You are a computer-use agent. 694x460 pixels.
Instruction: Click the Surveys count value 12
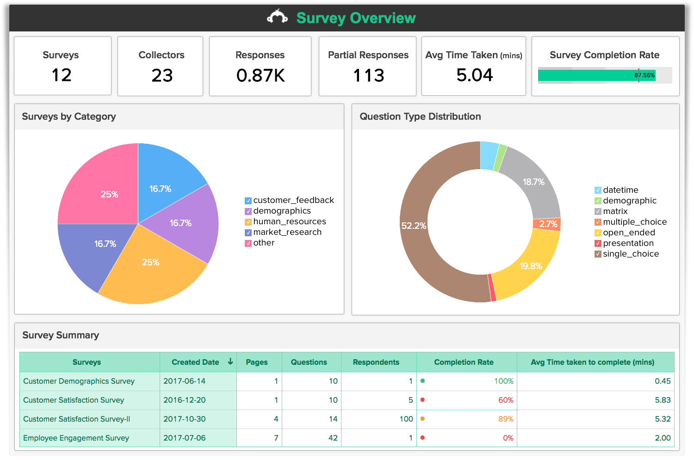(62, 75)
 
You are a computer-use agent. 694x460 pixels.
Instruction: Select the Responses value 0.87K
(260, 75)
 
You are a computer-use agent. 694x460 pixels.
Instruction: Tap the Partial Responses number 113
(368, 75)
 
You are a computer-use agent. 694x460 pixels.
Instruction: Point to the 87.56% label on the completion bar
(644, 75)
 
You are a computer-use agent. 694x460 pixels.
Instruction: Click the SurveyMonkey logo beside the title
(277, 17)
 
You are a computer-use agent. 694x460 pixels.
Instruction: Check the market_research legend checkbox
(248, 233)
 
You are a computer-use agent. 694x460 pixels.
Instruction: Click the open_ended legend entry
(629, 233)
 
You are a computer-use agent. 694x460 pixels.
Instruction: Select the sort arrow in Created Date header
(230, 362)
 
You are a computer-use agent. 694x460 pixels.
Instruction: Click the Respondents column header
(376, 362)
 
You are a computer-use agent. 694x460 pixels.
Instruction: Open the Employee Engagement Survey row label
(76, 438)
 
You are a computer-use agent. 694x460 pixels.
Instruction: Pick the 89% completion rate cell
(506, 419)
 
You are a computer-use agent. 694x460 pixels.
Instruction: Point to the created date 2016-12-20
(185, 400)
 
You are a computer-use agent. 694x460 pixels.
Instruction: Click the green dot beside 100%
(422, 381)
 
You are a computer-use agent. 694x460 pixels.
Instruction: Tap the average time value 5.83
(663, 400)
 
